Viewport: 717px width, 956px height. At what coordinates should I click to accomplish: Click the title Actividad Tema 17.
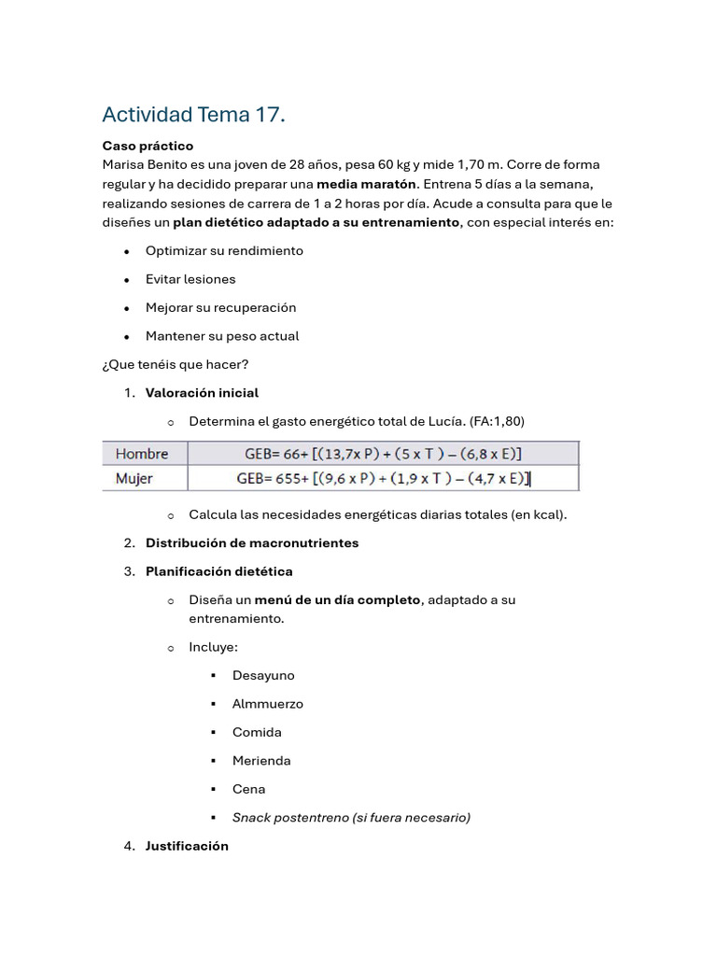(x=193, y=115)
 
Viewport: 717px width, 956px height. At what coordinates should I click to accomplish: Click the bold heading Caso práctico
(x=148, y=146)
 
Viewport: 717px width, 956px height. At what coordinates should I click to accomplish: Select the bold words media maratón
(x=366, y=184)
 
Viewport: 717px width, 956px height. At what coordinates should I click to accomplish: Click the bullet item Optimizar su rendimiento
(x=224, y=251)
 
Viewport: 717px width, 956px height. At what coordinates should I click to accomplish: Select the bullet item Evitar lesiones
(x=190, y=279)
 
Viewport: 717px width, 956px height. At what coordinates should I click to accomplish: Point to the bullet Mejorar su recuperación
(x=220, y=307)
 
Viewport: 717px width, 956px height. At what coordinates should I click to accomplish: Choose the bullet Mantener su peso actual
(x=222, y=336)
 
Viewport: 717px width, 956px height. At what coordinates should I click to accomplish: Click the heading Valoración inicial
(x=202, y=393)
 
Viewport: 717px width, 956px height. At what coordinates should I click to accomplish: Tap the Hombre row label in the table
(x=142, y=454)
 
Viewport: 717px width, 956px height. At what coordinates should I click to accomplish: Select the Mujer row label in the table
(x=134, y=479)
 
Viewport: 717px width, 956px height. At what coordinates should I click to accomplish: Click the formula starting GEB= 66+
(x=383, y=454)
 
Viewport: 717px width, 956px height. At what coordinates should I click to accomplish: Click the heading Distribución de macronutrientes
(x=252, y=543)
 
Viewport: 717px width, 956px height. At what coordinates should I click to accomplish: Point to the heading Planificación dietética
(x=218, y=571)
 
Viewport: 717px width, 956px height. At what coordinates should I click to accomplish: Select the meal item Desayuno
(x=263, y=675)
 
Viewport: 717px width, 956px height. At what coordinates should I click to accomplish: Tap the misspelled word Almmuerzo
(x=268, y=704)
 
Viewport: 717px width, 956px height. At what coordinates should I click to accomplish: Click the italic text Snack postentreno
(x=290, y=818)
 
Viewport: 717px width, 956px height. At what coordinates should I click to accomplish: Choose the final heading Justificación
(x=187, y=846)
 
